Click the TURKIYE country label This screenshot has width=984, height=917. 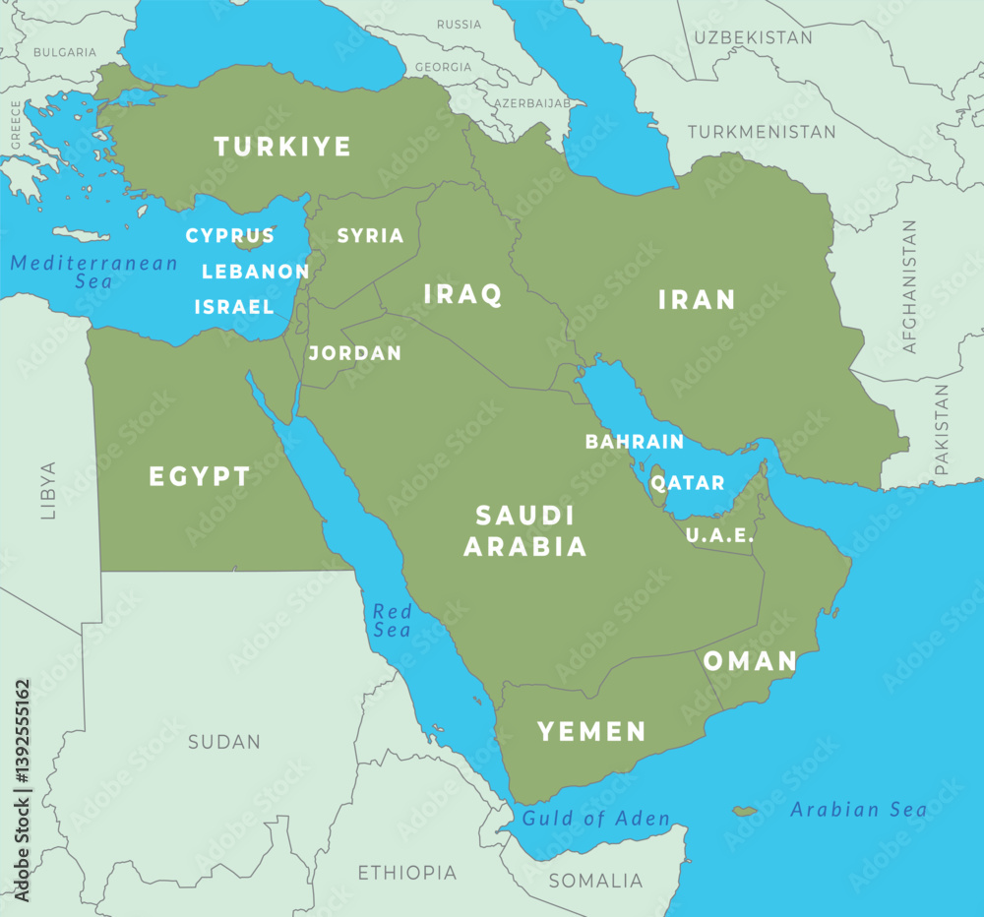point(282,148)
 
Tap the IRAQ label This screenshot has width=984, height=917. point(462,293)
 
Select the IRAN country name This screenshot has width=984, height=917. point(697,299)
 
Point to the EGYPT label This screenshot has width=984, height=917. point(200,477)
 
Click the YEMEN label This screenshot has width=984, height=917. point(591,731)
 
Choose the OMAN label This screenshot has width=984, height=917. point(750,661)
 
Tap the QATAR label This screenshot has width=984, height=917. point(688,483)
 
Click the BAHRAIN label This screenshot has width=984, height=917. point(635,442)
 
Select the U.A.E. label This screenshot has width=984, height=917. point(720,536)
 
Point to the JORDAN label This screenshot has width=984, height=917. point(355,352)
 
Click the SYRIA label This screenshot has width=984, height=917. point(371,236)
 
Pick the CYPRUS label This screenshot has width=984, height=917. point(230,236)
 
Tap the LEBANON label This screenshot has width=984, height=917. point(256,272)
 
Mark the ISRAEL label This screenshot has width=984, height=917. point(234,307)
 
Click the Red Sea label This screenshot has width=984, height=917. point(392,621)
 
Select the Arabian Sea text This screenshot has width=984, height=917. point(859,810)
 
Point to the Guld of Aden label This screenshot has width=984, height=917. point(596,819)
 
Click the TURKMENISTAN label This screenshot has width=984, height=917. point(762,131)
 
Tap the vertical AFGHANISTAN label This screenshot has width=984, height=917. point(909,286)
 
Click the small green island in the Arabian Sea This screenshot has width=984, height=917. point(745,812)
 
